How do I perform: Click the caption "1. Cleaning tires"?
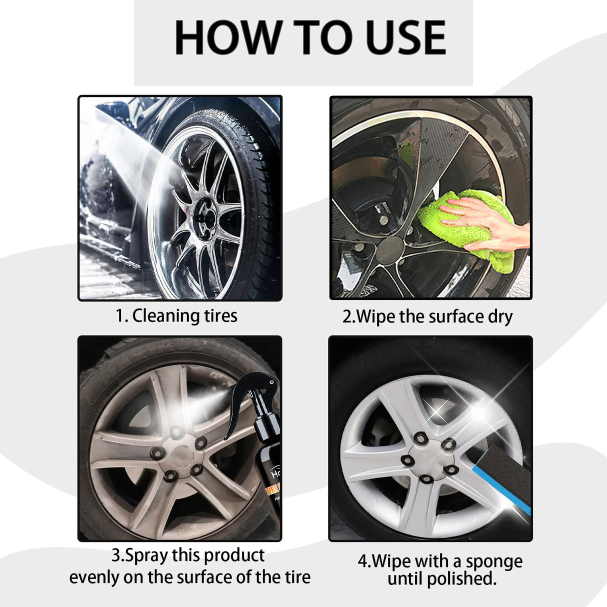pyautogui.click(x=176, y=316)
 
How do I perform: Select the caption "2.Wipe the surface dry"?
pyautogui.click(x=427, y=317)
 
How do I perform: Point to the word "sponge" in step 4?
pyautogui.click(x=494, y=561)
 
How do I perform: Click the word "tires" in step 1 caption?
pyautogui.click(x=220, y=316)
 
